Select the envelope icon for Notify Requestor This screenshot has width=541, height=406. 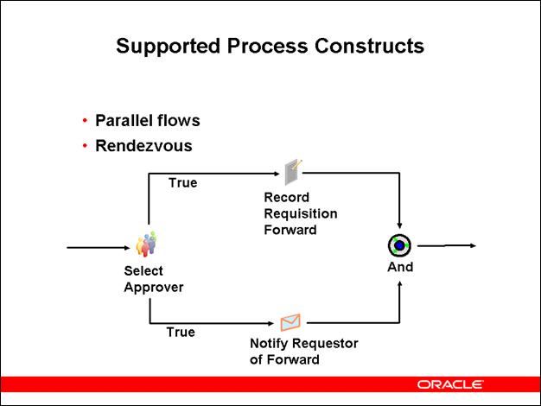click(290, 322)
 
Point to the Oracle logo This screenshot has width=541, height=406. click(450, 384)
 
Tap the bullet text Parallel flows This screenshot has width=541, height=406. click(148, 120)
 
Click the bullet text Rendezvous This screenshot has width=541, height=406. click(143, 145)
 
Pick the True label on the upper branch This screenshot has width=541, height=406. click(182, 183)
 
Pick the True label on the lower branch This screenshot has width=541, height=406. click(181, 332)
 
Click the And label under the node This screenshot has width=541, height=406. click(400, 267)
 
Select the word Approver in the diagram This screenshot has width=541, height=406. click(154, 287)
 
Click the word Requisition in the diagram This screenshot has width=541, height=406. click(301, 213)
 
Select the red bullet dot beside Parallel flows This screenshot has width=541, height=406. click(85, 120)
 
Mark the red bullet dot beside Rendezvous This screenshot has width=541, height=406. click(85, 145)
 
